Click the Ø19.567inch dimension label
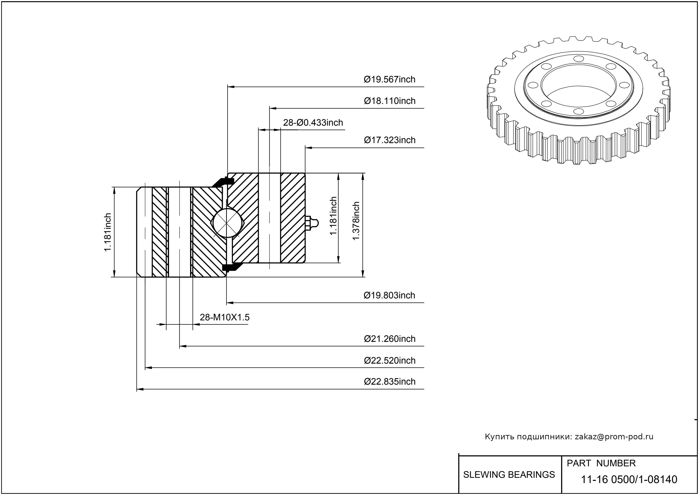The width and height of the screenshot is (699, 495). click(390, 80)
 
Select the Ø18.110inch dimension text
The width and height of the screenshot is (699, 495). click(390, 101)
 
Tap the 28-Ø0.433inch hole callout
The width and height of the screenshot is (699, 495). click(313, 123)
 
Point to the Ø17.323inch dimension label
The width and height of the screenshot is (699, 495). click(390, 140)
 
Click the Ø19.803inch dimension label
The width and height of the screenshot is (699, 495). click(389, 295)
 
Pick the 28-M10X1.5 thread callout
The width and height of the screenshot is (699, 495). click(224, 317)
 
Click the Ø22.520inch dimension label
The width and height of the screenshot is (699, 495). click(390, 360)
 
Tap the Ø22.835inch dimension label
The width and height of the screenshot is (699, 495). click(390, 382)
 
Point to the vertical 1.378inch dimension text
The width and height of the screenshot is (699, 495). click(356, 221)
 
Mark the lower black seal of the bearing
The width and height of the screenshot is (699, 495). click(232, 267)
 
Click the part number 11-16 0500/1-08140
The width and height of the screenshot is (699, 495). click(629, 479)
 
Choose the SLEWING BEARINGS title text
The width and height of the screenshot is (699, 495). click(509, 475)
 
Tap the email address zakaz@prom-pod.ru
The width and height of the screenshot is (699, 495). click(614, 437)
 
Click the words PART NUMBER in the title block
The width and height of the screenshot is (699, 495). click(601, 463)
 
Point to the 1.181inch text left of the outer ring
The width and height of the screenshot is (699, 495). click(107, 232)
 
